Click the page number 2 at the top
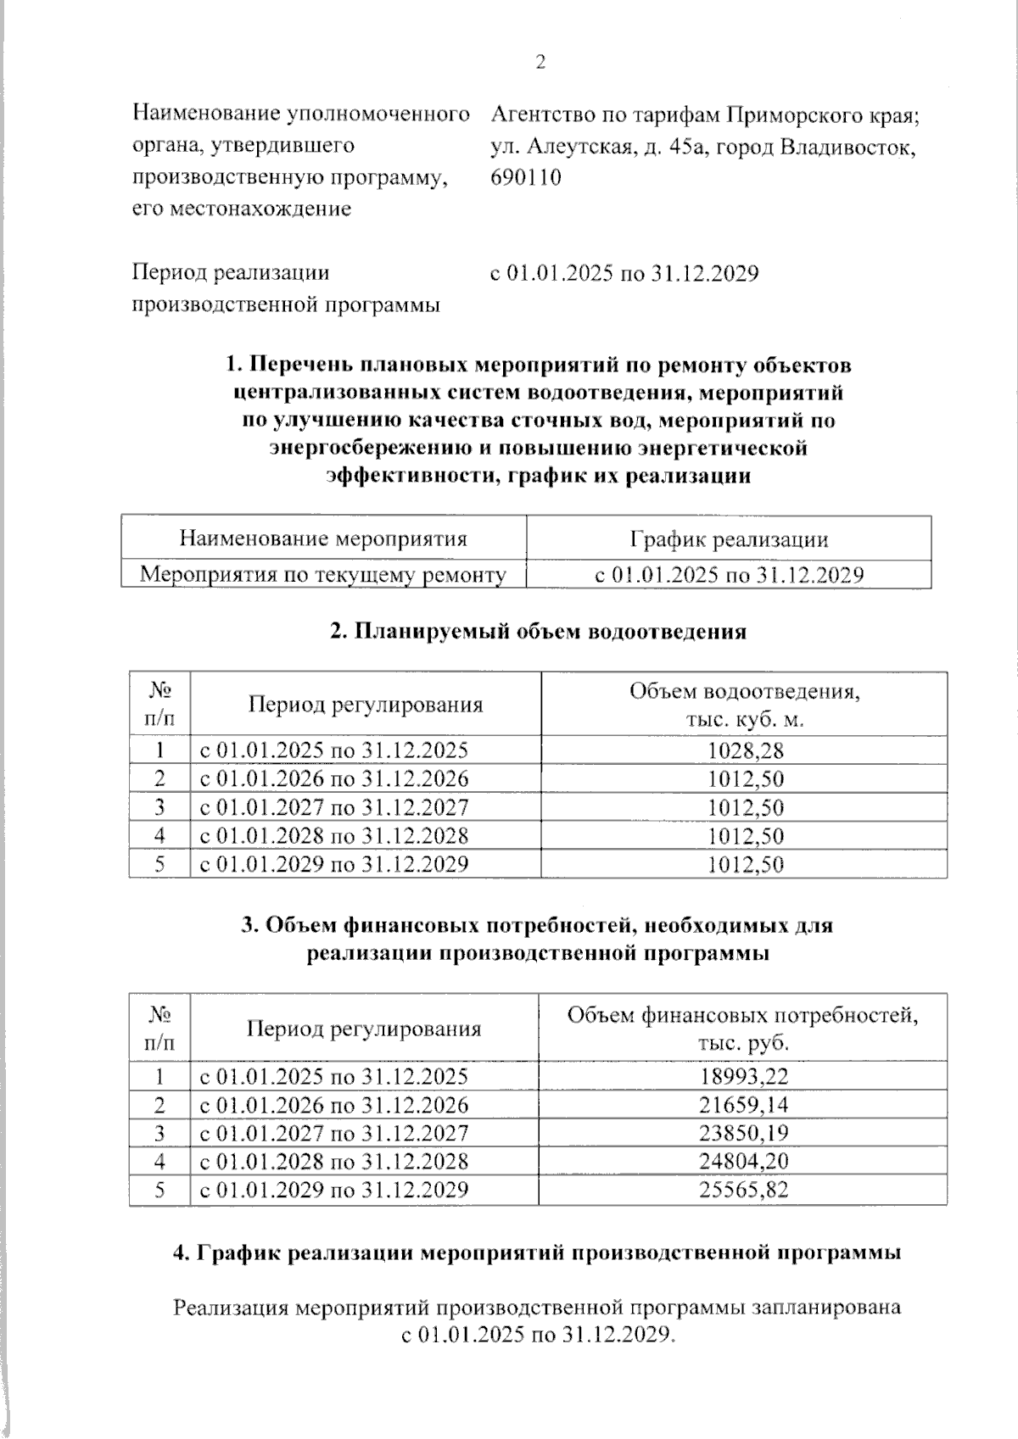(x=540, y=63)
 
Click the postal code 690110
(x=526, y=178)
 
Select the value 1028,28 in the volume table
(x=746, y=750)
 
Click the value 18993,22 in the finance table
(x=744, y=1077)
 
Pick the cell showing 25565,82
(x=744, y=1190)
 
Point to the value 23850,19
(x=744, y=1134)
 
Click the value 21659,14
(x=744, y=1106)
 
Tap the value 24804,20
(x=744, y=1162)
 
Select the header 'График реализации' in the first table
(x=729, y=540)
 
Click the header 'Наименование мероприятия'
(x=323, y=539)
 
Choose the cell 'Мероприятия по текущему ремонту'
(x=323, y=576)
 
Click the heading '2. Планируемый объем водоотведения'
(x=538, y=632)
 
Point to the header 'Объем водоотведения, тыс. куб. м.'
(x=744, y=706)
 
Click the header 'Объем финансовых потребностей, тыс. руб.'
(x=742, y=1029)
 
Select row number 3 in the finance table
(x=159, y=1134)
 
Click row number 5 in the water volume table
(x=159, y=864)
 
